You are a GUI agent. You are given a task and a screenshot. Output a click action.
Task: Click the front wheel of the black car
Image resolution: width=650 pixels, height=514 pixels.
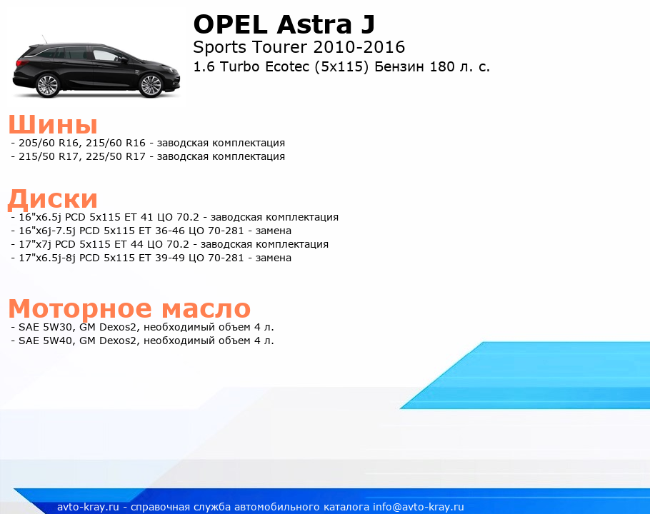point(151,86)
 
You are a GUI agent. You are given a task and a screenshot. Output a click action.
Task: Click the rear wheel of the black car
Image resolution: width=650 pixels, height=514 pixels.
point(48,86)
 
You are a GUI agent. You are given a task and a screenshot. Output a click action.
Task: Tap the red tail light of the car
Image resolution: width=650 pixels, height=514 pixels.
point(21,63)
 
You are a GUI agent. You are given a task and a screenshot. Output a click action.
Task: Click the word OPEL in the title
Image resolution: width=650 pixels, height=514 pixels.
point(230,24)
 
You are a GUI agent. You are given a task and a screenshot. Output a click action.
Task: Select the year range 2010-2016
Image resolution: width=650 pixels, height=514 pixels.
point(359,47)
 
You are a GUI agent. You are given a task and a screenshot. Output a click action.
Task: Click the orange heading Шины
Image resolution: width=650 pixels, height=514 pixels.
point(53,124)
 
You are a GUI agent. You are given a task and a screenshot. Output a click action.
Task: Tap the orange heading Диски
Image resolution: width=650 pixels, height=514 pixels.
point(53,198)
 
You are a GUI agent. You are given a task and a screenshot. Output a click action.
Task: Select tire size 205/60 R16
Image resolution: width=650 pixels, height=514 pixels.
point(49,143)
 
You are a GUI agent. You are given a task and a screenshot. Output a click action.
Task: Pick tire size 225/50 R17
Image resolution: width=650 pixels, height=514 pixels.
point(116,156)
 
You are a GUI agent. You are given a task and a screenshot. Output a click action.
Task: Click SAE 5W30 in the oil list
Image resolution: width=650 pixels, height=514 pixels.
point(46,327)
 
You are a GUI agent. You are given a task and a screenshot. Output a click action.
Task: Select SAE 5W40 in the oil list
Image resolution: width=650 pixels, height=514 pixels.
point(46,341)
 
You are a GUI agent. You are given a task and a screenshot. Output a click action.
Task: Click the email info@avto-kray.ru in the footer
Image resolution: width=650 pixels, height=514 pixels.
point(419,507)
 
